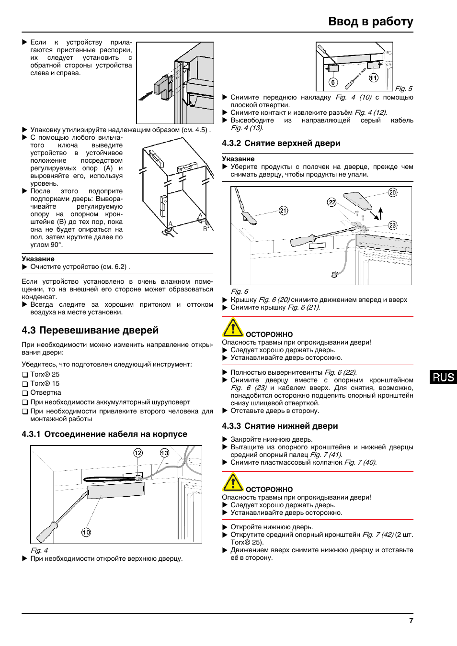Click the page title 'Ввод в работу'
(x=370, y=22)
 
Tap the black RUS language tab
(x=443, y=377)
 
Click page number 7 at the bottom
(x=411, y=620)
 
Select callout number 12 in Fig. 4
(x=138, y=453)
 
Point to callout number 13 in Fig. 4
(x=164, y=453)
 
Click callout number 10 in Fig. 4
(x=86, y=532)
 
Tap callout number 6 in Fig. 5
(x=333, y=82)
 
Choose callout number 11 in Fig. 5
(x=374, y=78)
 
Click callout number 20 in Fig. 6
(x=393, y=192)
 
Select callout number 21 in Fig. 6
(x=284, y=211)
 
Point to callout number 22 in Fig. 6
(x=332, y=202)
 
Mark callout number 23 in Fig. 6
(x=393, y=225)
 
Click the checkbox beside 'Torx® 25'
(x=25, y=375)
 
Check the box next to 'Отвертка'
(x=25, y=393)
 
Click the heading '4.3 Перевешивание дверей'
(x=90, y=330)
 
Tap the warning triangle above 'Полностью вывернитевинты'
(x=233, y=327)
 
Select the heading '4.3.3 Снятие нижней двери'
(x=280, y=426)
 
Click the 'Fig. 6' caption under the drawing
(x=240, y=291)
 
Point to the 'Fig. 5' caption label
(x=403, y=89)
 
